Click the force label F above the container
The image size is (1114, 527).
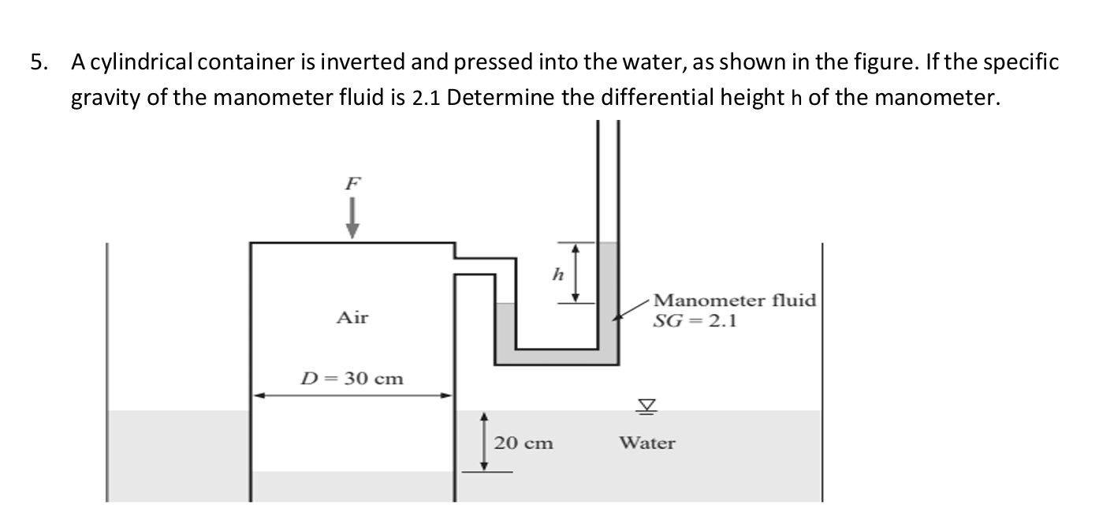pyautogui.click(x=352, y=182)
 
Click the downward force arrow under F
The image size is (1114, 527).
pyautogui.click(x=352, y=219)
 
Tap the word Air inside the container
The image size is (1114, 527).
pyautogui.click(x=352, y=318)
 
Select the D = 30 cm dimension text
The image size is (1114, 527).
pyautogui.click(x=353, y=378)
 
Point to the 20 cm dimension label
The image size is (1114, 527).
pyautogui.click(x=523, y=443)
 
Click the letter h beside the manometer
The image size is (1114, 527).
pyautogui.click(x=558, y=275)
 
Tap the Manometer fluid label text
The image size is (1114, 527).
pyautogui.click(x=735, y=301)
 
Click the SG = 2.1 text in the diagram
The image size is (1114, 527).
pyautogui.click(x=695, y=320)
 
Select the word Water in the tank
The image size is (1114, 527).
pyautogui.click(x=646, y=443)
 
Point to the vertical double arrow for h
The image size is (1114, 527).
pyautogui.click(x=576, y=272)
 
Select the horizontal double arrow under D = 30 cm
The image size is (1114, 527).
pyautogui.click(x=352, y=396)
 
